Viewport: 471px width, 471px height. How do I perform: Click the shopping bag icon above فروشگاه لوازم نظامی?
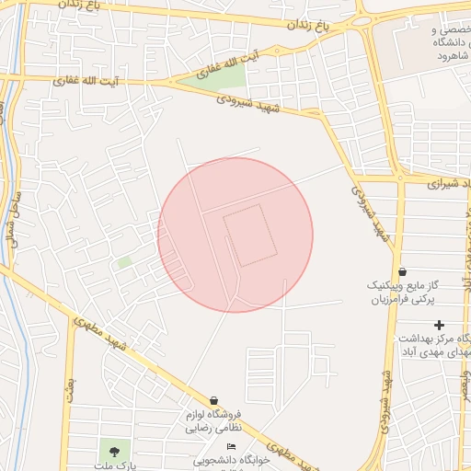point(214,400)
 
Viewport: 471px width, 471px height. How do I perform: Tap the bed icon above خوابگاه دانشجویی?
point(230,446)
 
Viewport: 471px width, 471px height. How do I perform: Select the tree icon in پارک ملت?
point(114,451)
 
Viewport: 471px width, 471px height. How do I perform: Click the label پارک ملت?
point(120,465)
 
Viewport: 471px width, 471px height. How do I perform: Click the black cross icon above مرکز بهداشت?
point(440,324)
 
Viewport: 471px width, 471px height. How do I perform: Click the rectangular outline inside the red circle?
point(248,235)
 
